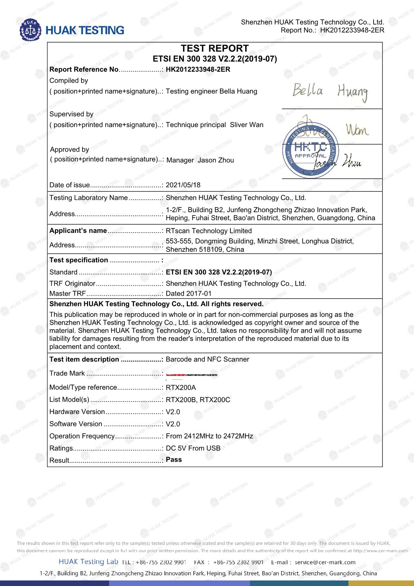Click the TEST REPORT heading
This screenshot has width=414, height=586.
(215, 48)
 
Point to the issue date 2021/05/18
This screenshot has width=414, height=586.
(183, 185)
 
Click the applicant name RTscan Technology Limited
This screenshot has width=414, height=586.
(209, 231)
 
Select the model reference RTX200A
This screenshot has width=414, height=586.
(181, 387)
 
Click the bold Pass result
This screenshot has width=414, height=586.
(174, 460)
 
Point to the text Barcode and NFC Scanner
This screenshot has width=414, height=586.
(207, 359)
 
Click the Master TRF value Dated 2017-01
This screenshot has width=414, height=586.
(189, 294)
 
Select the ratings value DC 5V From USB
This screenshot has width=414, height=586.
(193, 448)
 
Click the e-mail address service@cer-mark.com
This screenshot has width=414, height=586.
(325, 562)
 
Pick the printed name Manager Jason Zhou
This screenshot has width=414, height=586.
(200, 160)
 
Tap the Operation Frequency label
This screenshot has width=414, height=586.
(82, 436)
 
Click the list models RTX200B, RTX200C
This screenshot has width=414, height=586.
(198, 400)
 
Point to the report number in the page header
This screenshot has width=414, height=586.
(352, 30)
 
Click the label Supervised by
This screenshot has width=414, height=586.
(71, 114)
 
